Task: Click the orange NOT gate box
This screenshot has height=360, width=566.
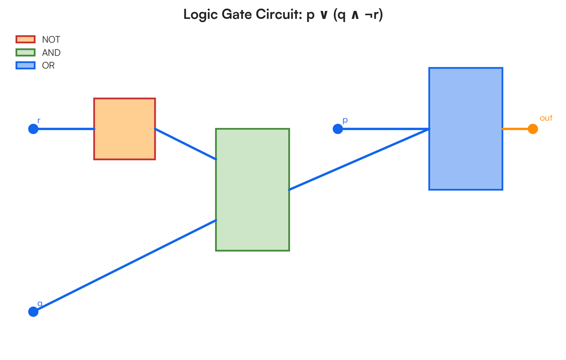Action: coord(125,129)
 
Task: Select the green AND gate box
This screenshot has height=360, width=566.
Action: coord(252,190)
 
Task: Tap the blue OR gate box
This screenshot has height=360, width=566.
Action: coord(466,129)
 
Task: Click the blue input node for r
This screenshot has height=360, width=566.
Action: coord(33,129)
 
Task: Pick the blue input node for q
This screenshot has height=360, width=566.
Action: coord(33,311)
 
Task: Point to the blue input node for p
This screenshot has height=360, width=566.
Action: coord(338,129)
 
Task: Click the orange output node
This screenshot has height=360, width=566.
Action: coord(533,129)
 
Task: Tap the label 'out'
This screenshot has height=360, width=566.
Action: coord(546,118)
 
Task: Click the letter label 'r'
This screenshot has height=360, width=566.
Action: coord(39,121)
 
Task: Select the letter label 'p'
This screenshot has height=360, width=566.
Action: coord(345,120)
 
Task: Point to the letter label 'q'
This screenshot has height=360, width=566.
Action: coord(40,303)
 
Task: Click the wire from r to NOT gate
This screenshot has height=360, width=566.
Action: coord(64,129)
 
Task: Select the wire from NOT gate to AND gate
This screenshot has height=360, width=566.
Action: coord(185,144)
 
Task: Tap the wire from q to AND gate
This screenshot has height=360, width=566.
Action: coord(125,266)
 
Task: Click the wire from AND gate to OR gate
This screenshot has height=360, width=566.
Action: coord(358,159)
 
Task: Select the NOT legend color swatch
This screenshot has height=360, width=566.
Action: coord(25,40)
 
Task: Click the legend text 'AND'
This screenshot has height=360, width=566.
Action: coord(51,53)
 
